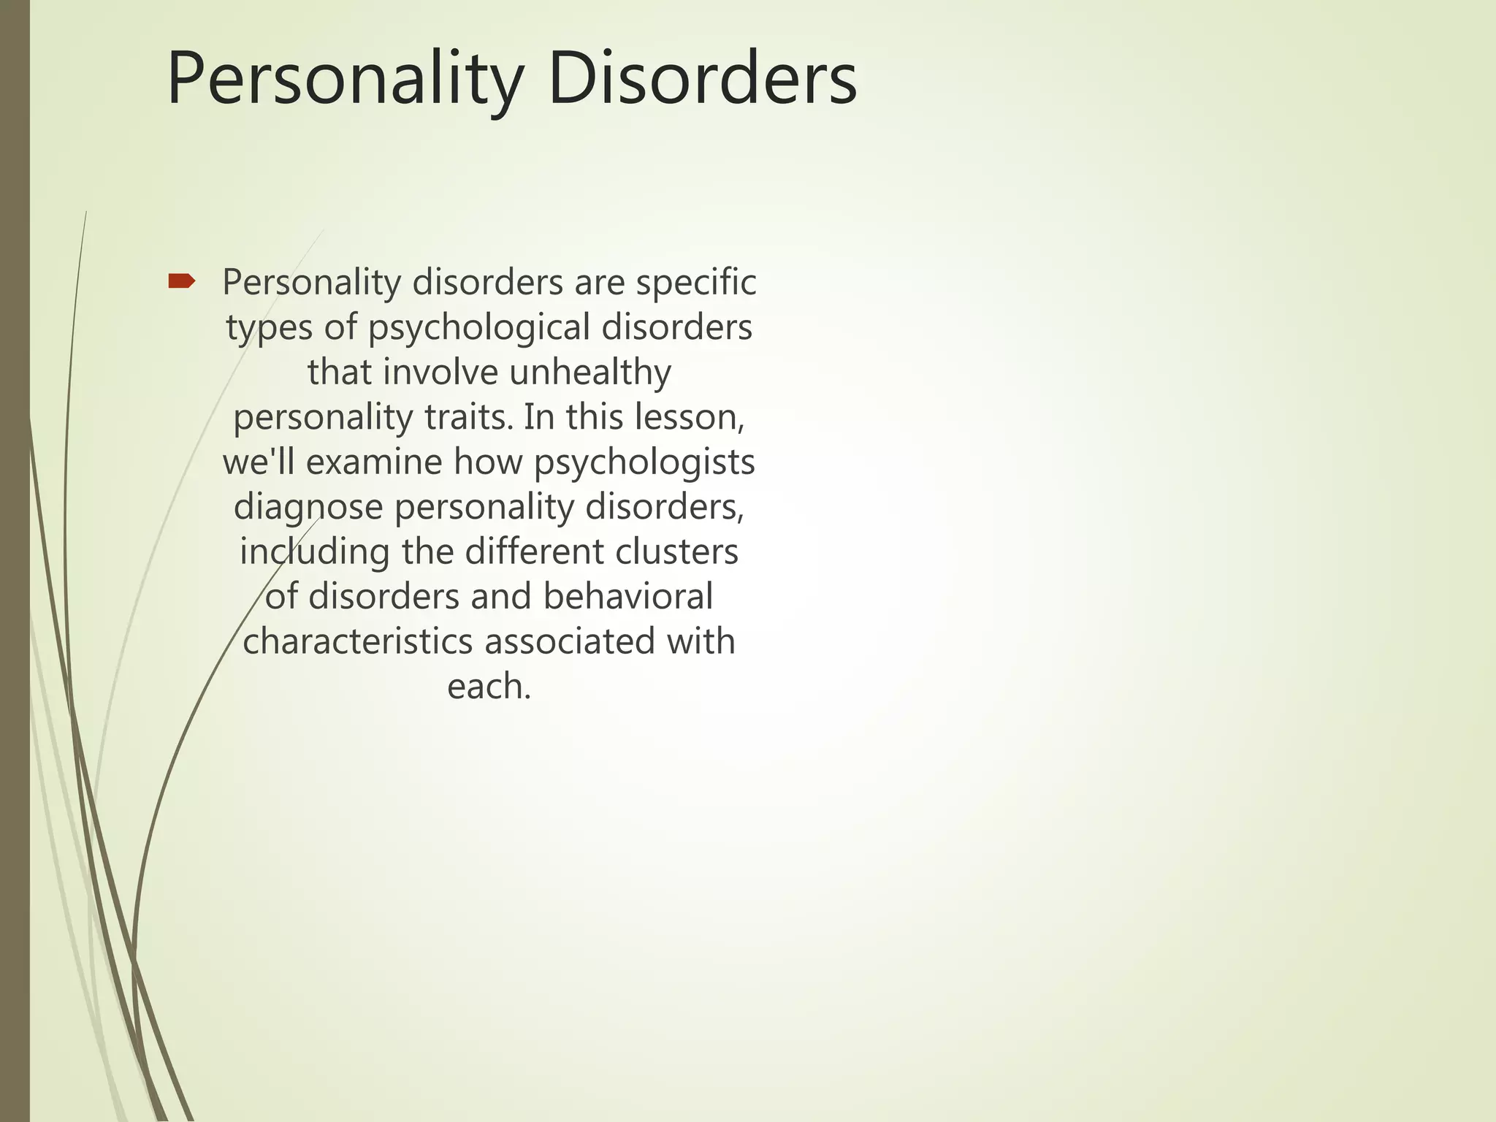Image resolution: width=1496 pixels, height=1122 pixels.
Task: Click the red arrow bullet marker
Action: pos(181,281)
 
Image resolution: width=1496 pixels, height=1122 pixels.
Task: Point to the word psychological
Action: pos(478,328)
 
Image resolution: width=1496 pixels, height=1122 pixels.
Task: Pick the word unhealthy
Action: pos(589,372)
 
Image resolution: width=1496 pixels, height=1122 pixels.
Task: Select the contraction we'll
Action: pos(259,462)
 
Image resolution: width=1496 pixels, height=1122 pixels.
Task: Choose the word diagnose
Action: pos(308,508)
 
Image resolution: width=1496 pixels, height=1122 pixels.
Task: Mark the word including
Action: pos(315,552)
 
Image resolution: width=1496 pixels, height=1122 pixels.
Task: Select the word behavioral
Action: pos(627,597)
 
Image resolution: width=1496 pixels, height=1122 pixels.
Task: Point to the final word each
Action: pos(488,687)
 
